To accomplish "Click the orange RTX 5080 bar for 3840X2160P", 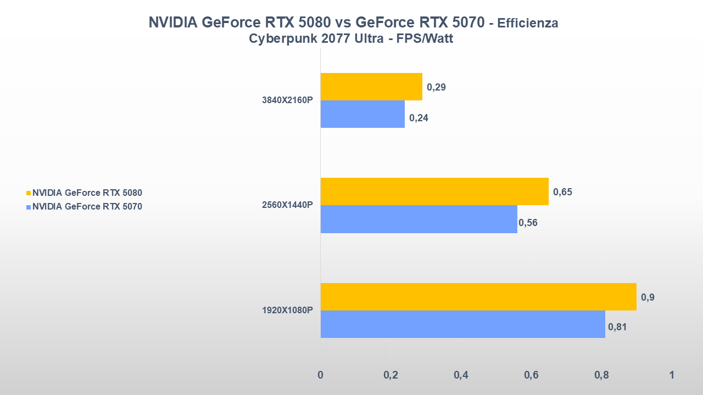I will (371, 87).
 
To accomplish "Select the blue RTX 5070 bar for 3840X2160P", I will (362, 114).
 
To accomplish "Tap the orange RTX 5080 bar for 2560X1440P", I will (434, 191).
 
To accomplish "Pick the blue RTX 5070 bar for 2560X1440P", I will (419, 219).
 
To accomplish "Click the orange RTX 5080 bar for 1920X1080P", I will (478, 297).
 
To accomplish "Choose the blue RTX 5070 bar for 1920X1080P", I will (462, 324).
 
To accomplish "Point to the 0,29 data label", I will (437, 87).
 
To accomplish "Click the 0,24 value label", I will (419, 117).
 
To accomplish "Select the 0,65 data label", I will (562, 192).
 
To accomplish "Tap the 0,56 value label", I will (528, 222).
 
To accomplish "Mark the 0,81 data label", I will (617, 328).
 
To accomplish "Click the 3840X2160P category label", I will (287, 100).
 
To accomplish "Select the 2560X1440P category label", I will (287, 205).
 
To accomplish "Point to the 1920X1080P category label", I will (287, 311).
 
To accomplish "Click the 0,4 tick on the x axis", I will (461, 375).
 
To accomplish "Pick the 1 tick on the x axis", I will (671, 375).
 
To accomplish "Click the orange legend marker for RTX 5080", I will (29, 193).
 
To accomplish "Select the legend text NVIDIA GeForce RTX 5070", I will (87, 207).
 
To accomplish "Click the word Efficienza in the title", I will (528, 24).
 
